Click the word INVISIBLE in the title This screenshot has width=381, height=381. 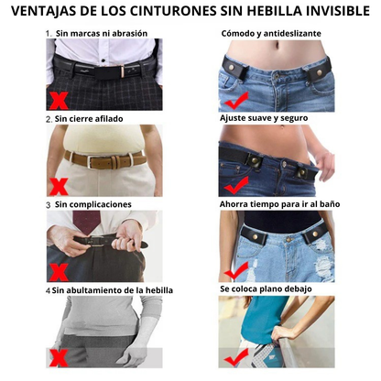[x=338, y=11]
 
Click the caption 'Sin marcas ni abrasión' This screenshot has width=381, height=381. [x=102, y=33]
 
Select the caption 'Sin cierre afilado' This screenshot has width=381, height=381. [x=89, y=119]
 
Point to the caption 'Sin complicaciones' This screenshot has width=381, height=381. [x=93, y=204]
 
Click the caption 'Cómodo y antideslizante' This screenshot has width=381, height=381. [x=271, y=33]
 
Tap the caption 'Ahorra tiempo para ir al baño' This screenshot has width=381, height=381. [x=279, y=204]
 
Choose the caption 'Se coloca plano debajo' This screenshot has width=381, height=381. [x=266, y=288]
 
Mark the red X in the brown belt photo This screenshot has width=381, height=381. [x=59, y=187]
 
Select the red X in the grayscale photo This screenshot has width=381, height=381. [x=59, y=358]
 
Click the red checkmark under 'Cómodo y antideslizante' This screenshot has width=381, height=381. [x=236, y=101]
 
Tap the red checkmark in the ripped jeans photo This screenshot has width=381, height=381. [x=236, y=271]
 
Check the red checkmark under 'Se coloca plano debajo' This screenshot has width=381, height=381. [x=236, y=358]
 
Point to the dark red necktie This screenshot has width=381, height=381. [x=86, y=221]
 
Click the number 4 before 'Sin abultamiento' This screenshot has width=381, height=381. [x=48, y=290]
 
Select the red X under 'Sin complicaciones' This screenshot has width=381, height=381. [x=59, y=272]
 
